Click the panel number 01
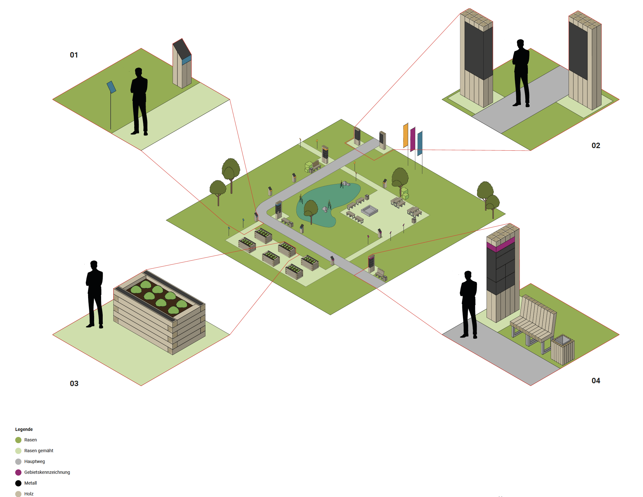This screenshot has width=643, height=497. tap(74, 55)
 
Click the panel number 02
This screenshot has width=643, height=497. tap(596, 146)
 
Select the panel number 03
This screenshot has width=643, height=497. tap(74, 384)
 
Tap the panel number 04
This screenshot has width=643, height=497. tap(596, 381)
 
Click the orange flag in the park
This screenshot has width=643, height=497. tap(405, 136)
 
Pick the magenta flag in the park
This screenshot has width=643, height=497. tap(412, 139)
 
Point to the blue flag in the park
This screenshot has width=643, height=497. tap(420, 143)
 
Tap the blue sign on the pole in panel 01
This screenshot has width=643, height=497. tap(111, 87)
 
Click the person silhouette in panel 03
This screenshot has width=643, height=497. tap(94, 294)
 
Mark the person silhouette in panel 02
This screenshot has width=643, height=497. tap(521, 73)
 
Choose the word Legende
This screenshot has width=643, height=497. tap(24, 429)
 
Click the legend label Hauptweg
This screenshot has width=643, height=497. tap(34, 461)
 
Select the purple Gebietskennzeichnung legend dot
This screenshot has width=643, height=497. tap(18, 473)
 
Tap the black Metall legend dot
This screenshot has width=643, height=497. tap(18, 483)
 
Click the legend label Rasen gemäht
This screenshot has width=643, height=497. tap(38, 451)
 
